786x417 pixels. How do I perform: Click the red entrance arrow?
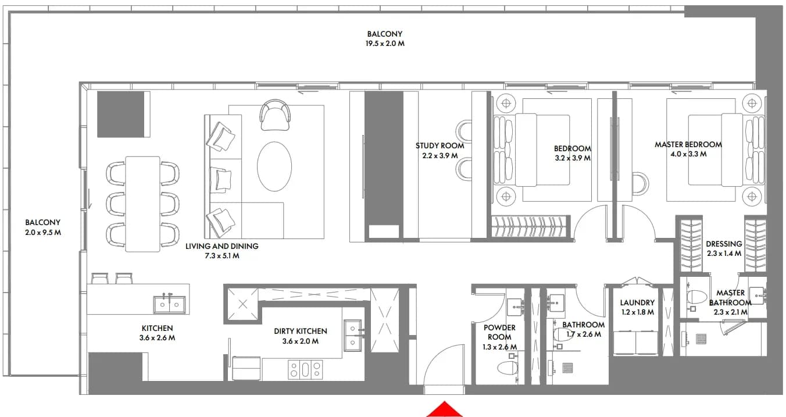(445, 410)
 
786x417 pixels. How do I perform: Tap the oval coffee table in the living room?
(274, 166)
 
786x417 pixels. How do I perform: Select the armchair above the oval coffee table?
(276, 115)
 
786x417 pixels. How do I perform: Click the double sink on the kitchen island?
(170, 304)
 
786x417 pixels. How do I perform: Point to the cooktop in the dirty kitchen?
(305, 369)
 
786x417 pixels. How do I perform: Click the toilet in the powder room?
(508, 368)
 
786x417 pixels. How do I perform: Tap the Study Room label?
(440, 145)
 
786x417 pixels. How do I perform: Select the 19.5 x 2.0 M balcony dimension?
(385, 44)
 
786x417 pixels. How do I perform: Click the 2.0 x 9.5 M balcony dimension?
(43, 233)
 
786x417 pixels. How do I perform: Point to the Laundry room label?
(637, 302)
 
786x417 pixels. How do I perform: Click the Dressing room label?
(724, 244)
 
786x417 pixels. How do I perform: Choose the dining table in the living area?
(143, 204)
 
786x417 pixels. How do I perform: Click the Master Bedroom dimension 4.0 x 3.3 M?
(688, 154)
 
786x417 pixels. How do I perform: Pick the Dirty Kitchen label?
(301, 331)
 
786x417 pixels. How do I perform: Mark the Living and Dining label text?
(221, 247)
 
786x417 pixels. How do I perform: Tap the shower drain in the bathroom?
(567, 368)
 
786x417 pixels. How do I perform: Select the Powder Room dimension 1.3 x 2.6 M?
(499, 347)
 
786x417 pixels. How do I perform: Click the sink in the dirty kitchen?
(353, 335)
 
